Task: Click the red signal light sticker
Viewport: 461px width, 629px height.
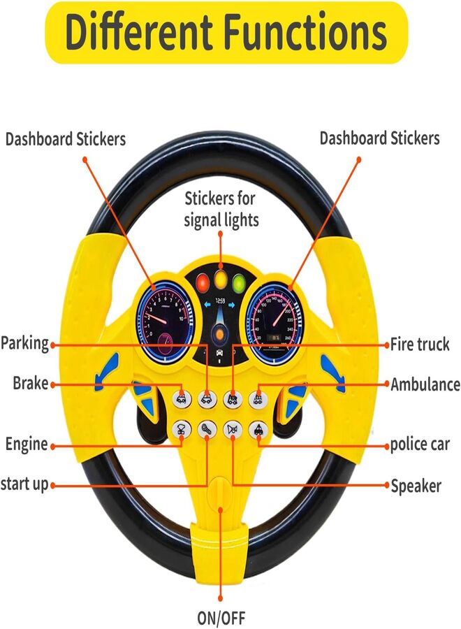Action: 203,283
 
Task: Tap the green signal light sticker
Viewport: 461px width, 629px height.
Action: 240,283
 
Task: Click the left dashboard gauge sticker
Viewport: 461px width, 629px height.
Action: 162,324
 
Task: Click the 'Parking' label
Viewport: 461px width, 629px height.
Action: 25,344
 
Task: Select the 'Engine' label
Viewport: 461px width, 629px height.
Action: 27,444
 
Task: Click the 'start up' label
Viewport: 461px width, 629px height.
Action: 25,484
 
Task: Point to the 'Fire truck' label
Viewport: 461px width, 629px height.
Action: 419,345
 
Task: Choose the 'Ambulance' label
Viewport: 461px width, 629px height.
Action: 425,384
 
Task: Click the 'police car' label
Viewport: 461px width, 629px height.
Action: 420,444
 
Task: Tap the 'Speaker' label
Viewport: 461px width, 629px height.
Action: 416,484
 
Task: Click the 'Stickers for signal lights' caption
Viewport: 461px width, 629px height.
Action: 221,209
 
